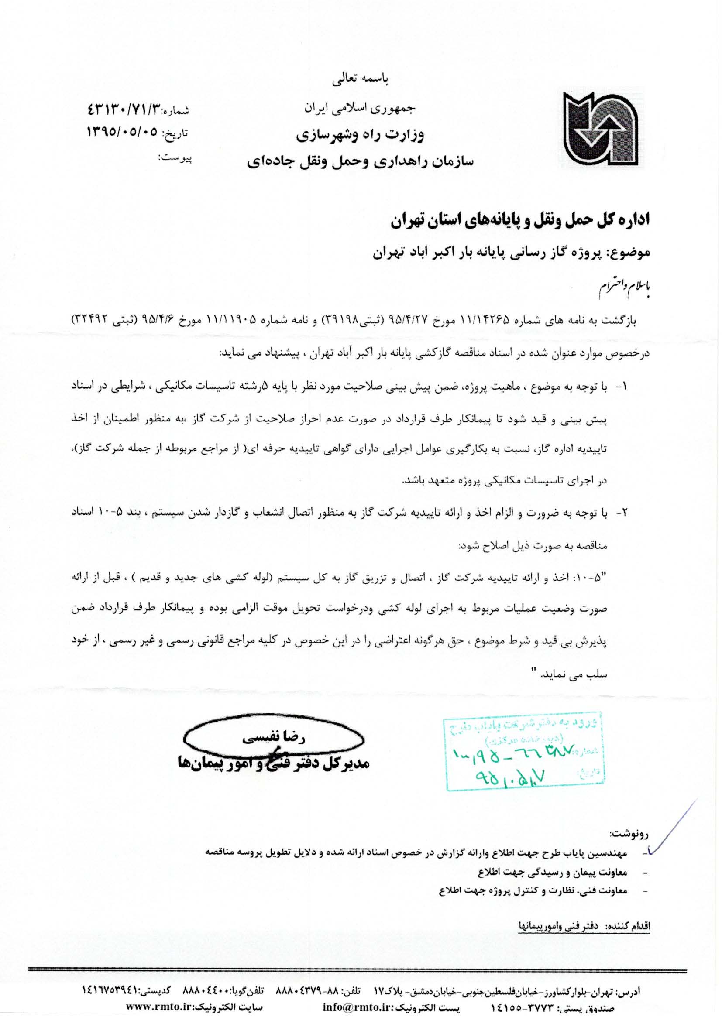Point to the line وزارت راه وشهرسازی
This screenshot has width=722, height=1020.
(x=361, y=135)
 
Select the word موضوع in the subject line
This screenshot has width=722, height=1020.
(x=631, y=254)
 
